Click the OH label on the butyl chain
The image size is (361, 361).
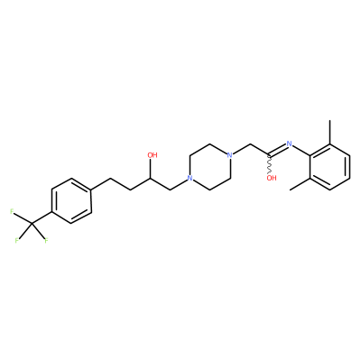point(153,155)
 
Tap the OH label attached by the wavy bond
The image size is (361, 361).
point(272,178)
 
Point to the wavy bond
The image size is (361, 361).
point(270,164)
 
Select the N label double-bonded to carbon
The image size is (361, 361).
point(290,143)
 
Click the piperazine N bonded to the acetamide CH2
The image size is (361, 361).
point(230,155)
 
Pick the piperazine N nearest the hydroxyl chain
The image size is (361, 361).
point(190,178)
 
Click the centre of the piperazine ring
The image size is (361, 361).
point(209,167)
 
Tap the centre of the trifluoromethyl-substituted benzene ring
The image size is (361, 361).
point(71,201)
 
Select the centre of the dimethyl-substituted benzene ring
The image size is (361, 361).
point(330,167)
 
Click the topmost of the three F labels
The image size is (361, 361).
point(12,211)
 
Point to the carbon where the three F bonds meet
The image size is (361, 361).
point(32,223)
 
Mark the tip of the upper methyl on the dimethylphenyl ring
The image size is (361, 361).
point(330,121)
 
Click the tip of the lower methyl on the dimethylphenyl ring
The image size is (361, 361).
point(291,190)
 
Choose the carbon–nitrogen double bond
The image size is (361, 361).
point(278,150)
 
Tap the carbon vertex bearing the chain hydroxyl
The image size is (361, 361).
point(150,178)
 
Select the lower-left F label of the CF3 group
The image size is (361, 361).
point(17,241)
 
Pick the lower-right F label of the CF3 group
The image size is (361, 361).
point(47,241)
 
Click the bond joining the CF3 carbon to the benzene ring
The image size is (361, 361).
point(42,218)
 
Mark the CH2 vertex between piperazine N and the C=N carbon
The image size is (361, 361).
point(250,144)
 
